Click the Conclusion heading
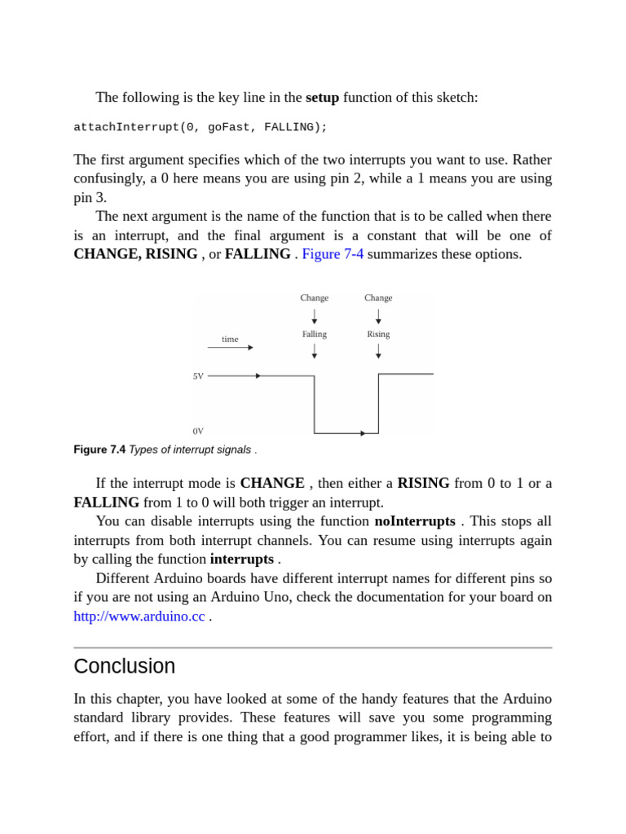coord(124,665)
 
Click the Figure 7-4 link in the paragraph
coord(333,254)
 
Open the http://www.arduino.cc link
coord(139,617)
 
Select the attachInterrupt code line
coord(201,127)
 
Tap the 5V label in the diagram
coord(198,376)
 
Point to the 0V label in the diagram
coord(198,431)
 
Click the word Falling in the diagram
coord(315,334)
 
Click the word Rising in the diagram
coord(378,334)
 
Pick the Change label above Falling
coord(315,298)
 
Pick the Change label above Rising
coord(378,298)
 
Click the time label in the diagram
coord(230,339)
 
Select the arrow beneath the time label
coord(230,348)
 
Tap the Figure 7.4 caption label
coord(99,450)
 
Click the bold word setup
coord(322,98)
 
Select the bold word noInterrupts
coord(415,521)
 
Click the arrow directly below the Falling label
coord(315,351)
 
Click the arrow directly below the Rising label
coord(378,351)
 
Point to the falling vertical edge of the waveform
coord(315,405)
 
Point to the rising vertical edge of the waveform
coord(378,404)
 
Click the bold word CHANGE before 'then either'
coord(272,483)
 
